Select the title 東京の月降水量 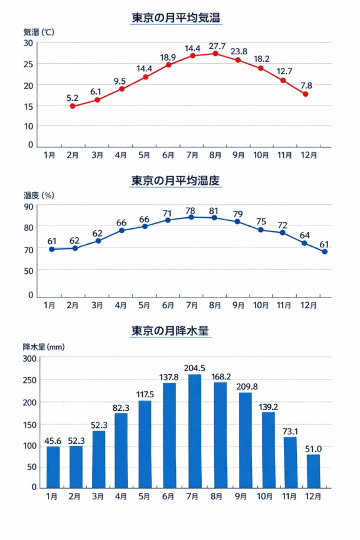coord(170,331)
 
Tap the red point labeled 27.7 coord(215,54)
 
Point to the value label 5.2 coord(73,97)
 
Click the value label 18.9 coord(168,57)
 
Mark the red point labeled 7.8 coord(306,94)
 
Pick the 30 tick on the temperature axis coord(28,42)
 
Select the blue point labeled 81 coord(215,218)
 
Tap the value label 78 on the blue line coord(191,210)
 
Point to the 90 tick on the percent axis coord(28,206)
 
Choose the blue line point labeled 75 coord(261,230)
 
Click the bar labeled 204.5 coord(195,431)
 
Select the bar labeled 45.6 coord(53,467)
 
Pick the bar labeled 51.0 coord(313,471)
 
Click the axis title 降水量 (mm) coord(40,347)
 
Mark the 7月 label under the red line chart coord(192,156)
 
